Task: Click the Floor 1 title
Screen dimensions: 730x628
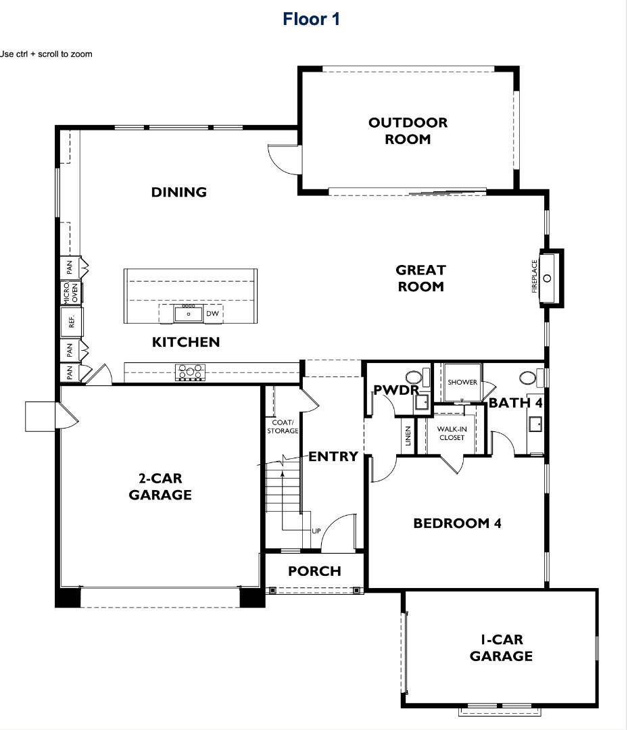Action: [x=311, y=19]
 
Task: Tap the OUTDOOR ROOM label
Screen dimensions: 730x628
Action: [x=408, y=131]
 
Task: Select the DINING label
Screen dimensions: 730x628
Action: [x=178, y=192]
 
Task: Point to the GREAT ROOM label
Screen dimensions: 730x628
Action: [x=420, y=278]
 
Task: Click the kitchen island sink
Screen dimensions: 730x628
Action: [x=189, y=314]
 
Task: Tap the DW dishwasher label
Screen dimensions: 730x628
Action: [x=212, y=314]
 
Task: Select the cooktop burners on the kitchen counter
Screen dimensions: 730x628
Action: [x=191, y=372]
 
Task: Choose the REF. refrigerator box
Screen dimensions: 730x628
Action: [x=71, y=322]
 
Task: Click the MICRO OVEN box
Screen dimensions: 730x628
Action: [x=71, y=292]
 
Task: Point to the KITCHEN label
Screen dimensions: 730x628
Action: [x=186, y=342]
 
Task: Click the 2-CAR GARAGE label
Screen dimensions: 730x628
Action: [x=160, y=487]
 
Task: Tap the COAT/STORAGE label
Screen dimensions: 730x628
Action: [x=283, y=427]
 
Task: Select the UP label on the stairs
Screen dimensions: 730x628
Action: [x=316, y=531]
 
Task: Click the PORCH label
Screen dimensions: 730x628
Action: [x=314, y=571]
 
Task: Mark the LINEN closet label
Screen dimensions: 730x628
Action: [x=407, y=437]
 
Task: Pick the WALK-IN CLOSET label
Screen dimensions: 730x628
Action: [x=451, y=433]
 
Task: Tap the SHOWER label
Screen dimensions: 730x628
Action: [x=462, y=382]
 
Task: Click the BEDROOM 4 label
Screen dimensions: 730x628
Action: [x=457, y=523]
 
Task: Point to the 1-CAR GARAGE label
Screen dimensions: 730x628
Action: [x=501, y=648]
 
